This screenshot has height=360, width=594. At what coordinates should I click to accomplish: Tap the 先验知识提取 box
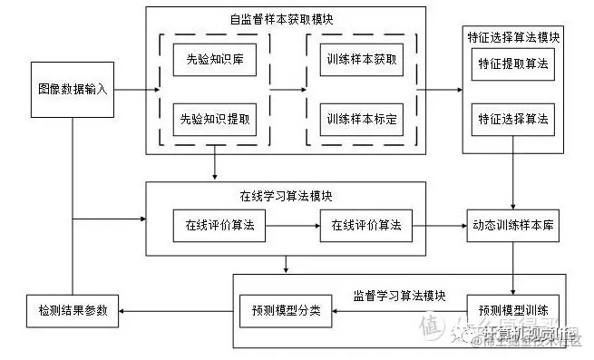(214, 119)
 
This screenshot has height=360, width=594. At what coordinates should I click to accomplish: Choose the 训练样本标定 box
(361, 119)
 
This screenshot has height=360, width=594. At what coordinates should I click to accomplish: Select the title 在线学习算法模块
(287, 195)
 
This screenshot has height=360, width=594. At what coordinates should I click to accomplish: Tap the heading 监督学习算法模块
(399, 296)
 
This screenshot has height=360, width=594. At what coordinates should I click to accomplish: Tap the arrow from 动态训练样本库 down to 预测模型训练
(514, 268)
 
